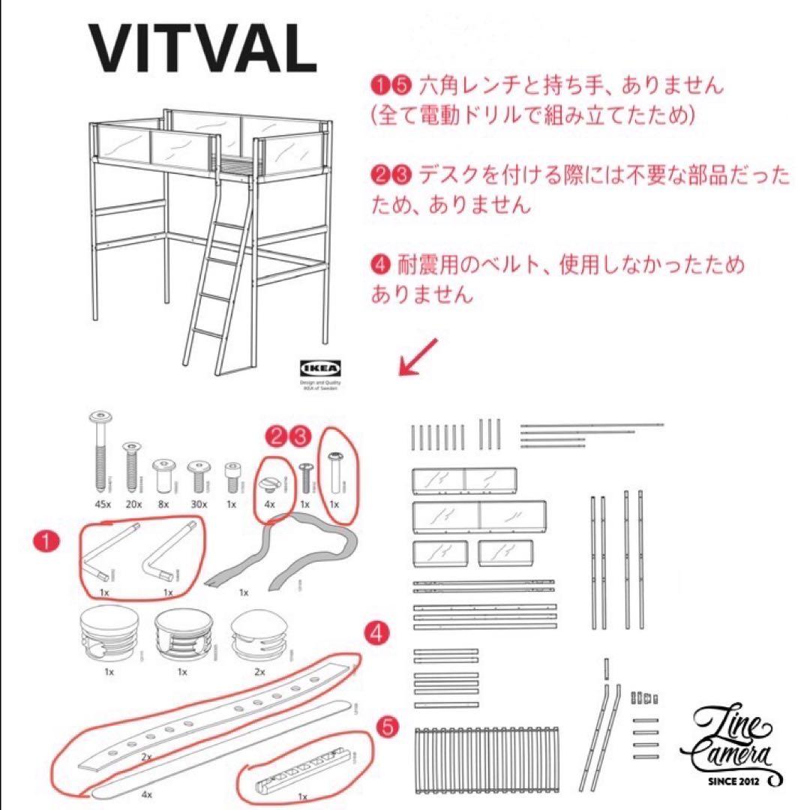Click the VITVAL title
(x=202, y=49)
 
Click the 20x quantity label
(x=133, y=504)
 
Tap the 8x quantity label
(x=164, y=504)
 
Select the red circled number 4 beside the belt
(x=378, y=634)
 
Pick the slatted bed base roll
(x=479, y=758)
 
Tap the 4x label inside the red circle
(x=269, y=504)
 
